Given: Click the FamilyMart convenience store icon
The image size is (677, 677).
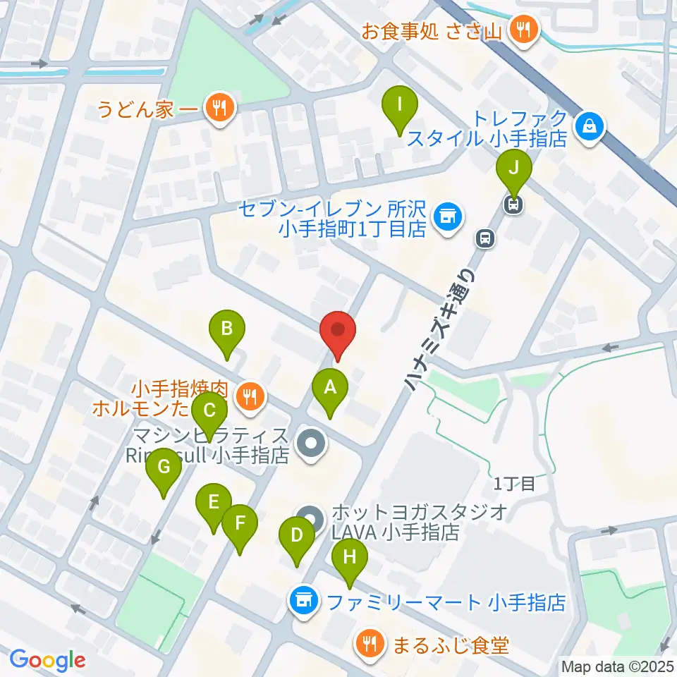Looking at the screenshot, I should (304, 602).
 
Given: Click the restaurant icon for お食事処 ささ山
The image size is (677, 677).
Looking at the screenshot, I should (523, 29).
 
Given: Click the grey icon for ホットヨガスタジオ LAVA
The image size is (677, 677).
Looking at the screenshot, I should (311, 519).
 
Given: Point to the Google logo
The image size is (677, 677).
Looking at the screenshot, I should (47, 660).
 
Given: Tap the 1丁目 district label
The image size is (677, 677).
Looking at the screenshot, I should (514, 484).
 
